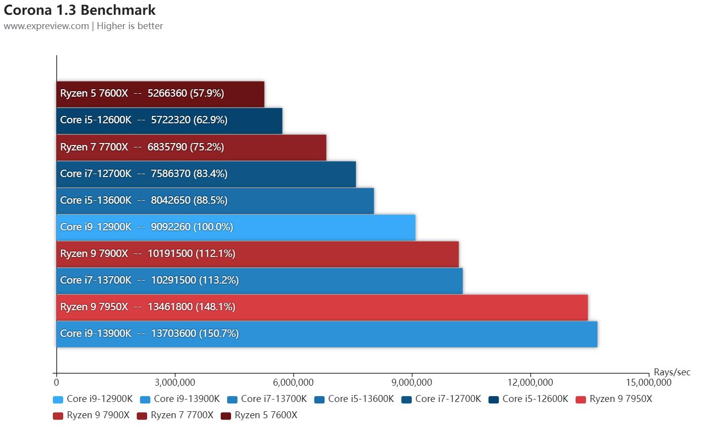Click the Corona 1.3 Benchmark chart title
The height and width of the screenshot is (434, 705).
(x=79, y=10)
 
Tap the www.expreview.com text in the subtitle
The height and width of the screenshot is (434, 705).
(x=46, y=26)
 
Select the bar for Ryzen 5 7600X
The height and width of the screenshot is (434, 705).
(x=160, y=94)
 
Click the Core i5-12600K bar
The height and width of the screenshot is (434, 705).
(x=169, y=120)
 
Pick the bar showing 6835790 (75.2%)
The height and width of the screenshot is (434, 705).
(x=191, y=147)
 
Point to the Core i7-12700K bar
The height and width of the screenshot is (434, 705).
(x=206, y=174)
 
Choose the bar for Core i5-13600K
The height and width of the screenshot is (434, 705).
(x=215, y=200)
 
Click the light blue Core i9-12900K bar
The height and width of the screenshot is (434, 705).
(x=235, y=227)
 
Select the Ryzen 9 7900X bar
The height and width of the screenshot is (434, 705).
(x=257, y=253)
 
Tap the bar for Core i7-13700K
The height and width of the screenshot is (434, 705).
(x=259, y=280)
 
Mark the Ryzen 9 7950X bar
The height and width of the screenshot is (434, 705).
(x=322, y=307)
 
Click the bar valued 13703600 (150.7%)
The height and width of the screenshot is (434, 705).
(x=327, y=333)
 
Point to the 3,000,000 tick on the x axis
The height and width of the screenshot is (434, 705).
(x=175, y=382)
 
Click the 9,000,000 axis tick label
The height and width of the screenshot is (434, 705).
(x=412, y=382)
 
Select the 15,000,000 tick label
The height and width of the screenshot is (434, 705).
(x=649, y=382)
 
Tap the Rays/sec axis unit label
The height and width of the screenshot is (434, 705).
(x=672, y=372)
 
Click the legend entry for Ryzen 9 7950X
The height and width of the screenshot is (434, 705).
(x=614, y=399)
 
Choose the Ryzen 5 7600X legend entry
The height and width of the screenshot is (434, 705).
(x=260, y=415)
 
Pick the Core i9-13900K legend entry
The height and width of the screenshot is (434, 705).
(x=180, y=399)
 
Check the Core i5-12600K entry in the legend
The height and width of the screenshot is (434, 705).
(x=529, y=399)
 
